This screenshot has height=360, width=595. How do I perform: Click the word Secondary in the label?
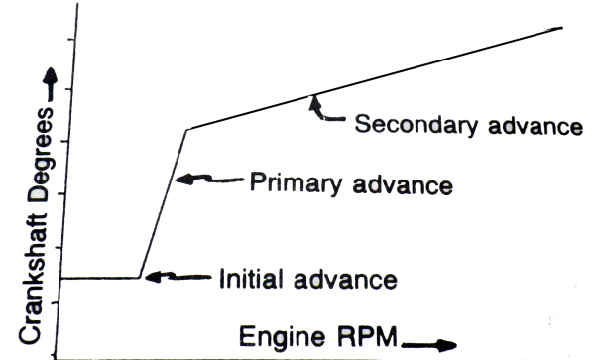click(416, 125)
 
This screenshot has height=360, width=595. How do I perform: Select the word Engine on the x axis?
click(282, 336)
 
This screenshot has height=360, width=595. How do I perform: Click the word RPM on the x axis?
click(365, 336)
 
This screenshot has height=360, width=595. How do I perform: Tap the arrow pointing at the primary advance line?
click(209, 179)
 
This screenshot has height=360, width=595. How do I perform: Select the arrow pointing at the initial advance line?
click(178, 277)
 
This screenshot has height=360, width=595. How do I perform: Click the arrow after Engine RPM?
click(429, 345)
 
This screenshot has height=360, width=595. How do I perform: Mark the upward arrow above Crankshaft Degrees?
click(50, 84)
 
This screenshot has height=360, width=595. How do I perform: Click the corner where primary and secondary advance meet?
click(187, 130)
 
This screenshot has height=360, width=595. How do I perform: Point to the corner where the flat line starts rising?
click(139, 278)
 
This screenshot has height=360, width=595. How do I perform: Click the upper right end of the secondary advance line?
click(562, 28)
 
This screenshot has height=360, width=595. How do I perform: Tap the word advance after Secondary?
click(535, 125)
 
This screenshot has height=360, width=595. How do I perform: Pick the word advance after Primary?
click(403, 184)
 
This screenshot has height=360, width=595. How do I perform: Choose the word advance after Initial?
click(345, 280)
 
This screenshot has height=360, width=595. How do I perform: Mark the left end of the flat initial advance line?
click(61, 279)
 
